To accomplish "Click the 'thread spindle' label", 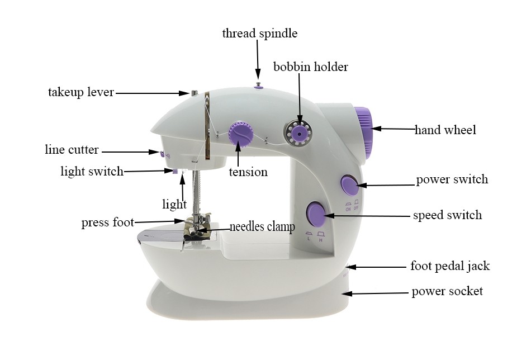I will pyautogui.click(x=259, y=34).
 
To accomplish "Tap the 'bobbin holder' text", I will pyautogui.click(x=310, y=67).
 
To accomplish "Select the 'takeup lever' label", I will pyautogui.click(x=81, y=92).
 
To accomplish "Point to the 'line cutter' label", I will pyautogui.click(x=72, y=150).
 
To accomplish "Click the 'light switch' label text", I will pyautogui.click(x=92, y=172).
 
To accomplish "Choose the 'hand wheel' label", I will pyautogui.click(x=445, y=130).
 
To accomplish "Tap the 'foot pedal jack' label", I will pyautogui.click(x=450, y=266).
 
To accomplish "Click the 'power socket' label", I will pyautogui.click(x=447, y=291).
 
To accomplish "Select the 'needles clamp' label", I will pyautogui.click(x=262, y=227).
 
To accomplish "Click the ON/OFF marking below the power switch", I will pyautogui.click(x=352, y=207).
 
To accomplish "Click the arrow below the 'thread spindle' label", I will pyautogui.click(x=258, y=61).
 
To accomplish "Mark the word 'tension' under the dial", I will pyautogui.click(x=248, y=172).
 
